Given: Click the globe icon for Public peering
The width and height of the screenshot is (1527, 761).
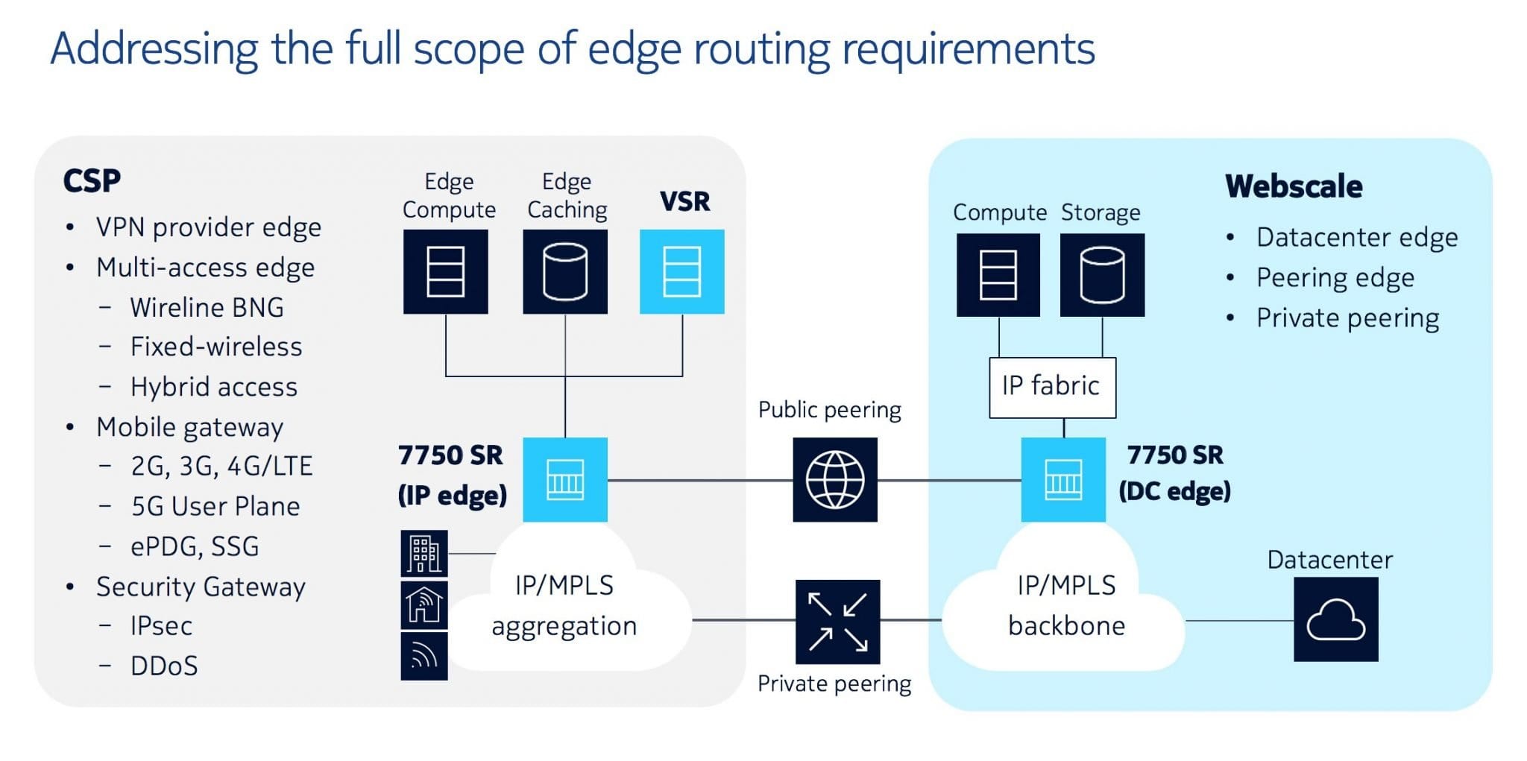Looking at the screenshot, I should [x=835, y=479].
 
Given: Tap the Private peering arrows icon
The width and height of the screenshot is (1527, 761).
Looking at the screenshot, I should [x=837, y=622].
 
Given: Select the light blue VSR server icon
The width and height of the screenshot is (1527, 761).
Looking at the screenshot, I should [x=681, y=271].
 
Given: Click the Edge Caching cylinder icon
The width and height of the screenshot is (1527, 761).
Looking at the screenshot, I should [x=565, y=271].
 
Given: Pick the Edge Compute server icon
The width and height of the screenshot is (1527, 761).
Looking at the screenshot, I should [x=446, y=271].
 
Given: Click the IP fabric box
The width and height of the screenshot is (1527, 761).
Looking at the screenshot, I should [x=1052, y=387].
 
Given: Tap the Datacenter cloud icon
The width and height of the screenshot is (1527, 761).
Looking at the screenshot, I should [x=1335, y=619].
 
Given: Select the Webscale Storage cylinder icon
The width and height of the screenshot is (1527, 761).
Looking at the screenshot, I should [x=1102, y=275].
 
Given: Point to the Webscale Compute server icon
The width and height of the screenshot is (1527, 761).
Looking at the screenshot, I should [x=998, y=275].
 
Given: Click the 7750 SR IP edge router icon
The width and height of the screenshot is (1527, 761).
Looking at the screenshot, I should [x=565, y=479].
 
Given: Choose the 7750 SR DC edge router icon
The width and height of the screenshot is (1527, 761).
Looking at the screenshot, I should [x=1063, y=479].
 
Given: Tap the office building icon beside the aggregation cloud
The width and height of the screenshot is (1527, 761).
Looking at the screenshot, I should [x=424, y=554].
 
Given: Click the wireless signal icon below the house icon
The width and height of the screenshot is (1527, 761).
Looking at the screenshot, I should [x=424, y=657].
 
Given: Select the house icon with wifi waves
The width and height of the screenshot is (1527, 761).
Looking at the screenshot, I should [x=424, y=604].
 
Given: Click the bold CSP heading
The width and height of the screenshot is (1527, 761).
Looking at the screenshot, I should [x=92, y=181].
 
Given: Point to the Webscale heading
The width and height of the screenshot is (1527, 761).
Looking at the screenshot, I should [x=1294, y=186].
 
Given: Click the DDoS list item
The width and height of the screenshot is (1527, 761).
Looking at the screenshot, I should [x=164, y=666].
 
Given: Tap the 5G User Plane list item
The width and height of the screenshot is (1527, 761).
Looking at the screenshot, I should [x=215, y=506].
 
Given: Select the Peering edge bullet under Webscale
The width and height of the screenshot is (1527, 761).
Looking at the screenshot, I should [x=1335, y=278].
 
